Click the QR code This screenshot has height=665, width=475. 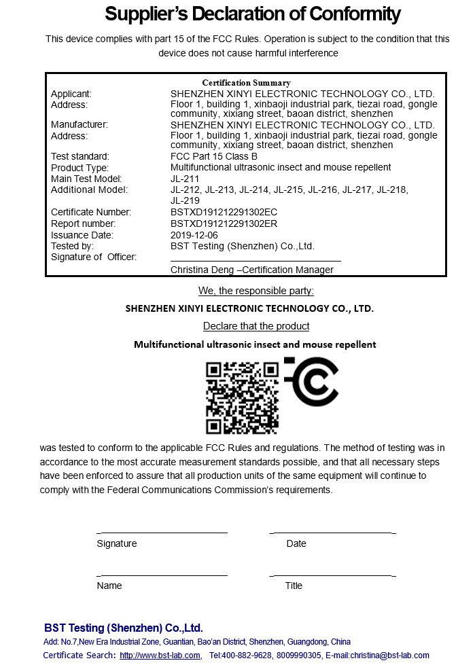pos(242,397)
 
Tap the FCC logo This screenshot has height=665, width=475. pos(311,380)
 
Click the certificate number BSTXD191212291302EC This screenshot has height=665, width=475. pos(224,212)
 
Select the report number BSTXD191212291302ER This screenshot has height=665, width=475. pos(224,223)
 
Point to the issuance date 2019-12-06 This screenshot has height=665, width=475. pos(194,235)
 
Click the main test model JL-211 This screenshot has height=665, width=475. pos(185,179)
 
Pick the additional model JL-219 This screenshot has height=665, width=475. pos(185,200)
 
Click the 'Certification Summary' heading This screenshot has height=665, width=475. pos(246,83)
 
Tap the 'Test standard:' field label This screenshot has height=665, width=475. pos(80,156)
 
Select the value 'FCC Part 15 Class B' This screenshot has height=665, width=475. pos(214,156)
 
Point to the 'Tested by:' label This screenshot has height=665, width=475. pos(72,246)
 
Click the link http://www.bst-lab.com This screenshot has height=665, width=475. pos(160,655)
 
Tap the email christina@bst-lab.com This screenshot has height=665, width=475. pos(385,655)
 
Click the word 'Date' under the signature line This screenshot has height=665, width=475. pos(296,543)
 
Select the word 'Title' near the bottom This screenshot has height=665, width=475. pos(294,586)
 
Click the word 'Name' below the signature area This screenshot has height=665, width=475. pos(109,586)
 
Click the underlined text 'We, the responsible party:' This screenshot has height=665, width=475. pos(256,291)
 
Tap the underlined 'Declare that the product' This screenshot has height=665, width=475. pos(256,326)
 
